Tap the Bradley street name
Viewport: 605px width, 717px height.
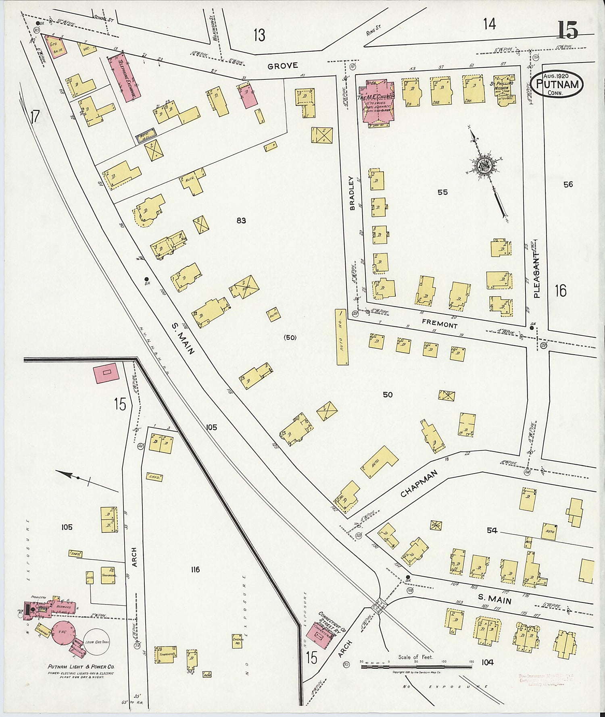pos(352,193)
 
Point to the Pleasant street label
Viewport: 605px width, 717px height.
pos(536,275)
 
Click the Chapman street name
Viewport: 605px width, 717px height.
pos(420,483)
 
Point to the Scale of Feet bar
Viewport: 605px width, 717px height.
pos(416,667)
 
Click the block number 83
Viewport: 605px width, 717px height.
pos(241,220)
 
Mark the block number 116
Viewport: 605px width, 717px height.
pos(195,569)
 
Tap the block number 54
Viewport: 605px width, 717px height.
pos(492,530)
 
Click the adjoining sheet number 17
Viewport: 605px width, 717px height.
pos(34,117)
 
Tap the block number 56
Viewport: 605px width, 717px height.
pos(568,185)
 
